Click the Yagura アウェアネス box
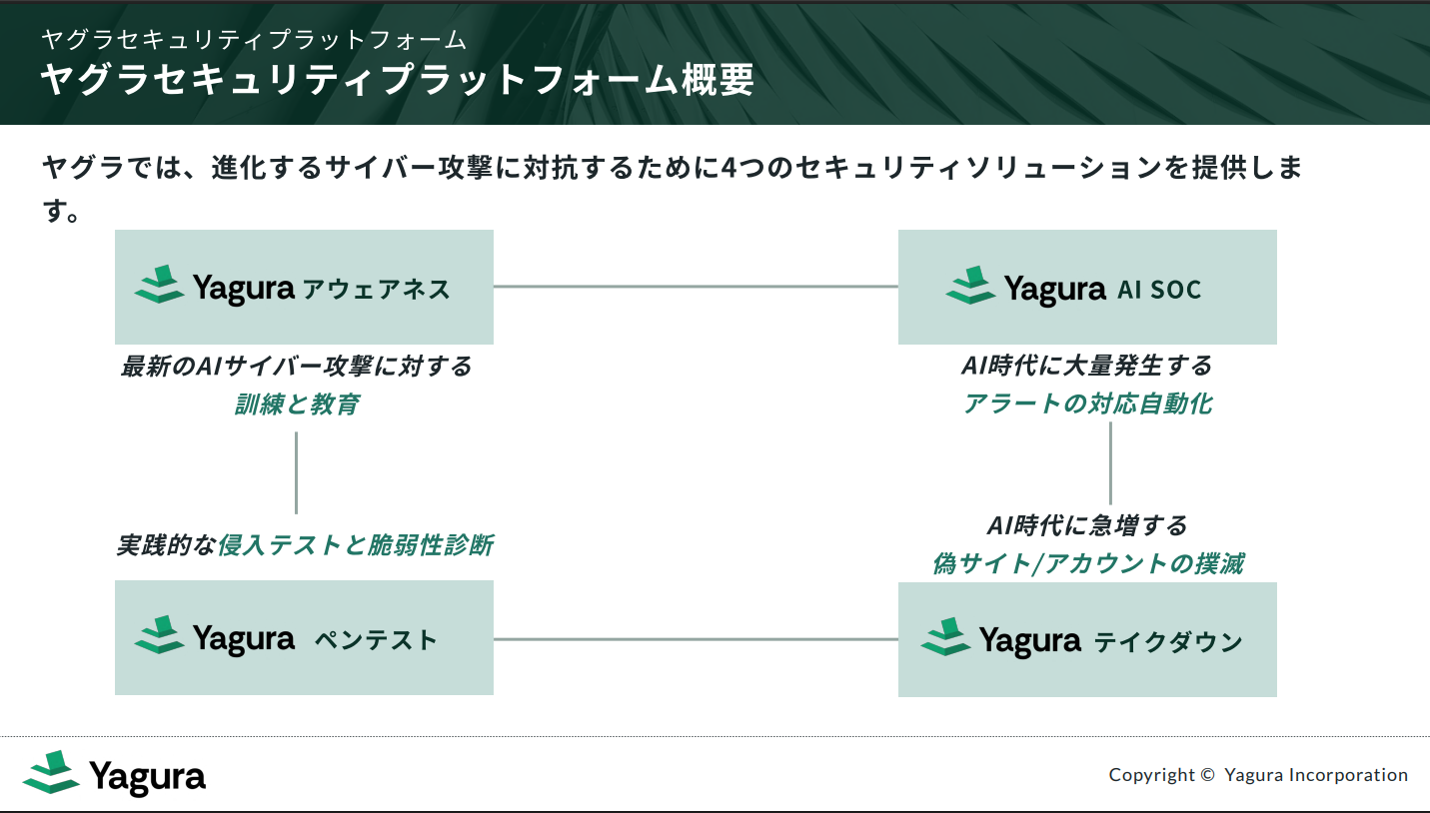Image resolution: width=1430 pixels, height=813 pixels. click(304, 288)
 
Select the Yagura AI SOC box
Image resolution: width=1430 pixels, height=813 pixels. click(1087, 288)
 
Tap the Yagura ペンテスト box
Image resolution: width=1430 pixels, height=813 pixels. click(304, 638)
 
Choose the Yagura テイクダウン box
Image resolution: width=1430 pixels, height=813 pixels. click(1087, 639)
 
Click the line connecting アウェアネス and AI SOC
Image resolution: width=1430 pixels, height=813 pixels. click(696, 287)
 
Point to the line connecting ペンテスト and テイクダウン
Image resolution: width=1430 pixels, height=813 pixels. click(696, 639)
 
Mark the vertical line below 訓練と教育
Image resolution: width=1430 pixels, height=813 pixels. click(296, 471)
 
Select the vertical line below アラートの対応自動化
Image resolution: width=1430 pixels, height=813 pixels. click(1110, 462)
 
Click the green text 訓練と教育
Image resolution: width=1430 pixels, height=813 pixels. click(297, 405)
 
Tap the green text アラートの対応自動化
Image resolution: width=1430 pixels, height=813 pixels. click(1087, 404)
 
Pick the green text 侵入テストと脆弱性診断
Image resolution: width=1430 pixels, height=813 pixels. click(356, 545)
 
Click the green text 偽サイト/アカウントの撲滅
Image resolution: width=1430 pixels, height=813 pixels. click(1087, 563)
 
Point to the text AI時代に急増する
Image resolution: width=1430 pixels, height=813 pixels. click(1087, 525)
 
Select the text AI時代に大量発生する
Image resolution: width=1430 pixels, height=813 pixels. click(1087, 366)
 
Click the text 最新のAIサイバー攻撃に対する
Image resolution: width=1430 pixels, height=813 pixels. click(297, 367)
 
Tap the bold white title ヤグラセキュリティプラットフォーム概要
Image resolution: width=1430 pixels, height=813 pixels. click(397, 81)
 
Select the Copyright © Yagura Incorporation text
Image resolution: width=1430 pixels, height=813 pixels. click(1258, 775)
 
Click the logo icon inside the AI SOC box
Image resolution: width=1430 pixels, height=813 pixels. click(970, 286)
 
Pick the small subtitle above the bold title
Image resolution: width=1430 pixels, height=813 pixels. click(254, 39)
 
